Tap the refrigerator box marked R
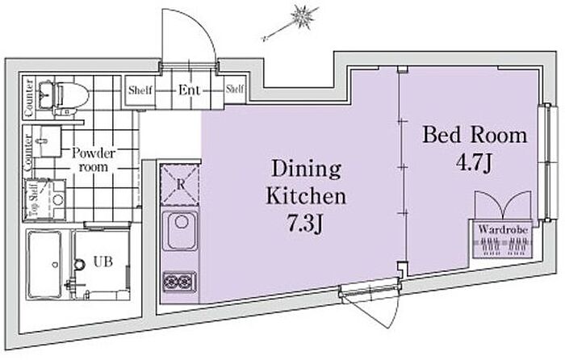click(180, 185)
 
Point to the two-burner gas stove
click(180, 282)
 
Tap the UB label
click(103, 262)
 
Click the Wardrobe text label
click(503, 229)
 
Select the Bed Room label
click(475, 135)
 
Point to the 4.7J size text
click(474, 164)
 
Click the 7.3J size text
click(304, 224)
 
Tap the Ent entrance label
click(189, 90)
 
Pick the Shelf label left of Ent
click(140, 90)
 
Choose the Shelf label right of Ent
click(235, 89)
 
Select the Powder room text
click(94, 160)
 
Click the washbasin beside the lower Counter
click(48, 141)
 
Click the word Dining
click(306, 169)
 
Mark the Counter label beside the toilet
click(29, 98)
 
